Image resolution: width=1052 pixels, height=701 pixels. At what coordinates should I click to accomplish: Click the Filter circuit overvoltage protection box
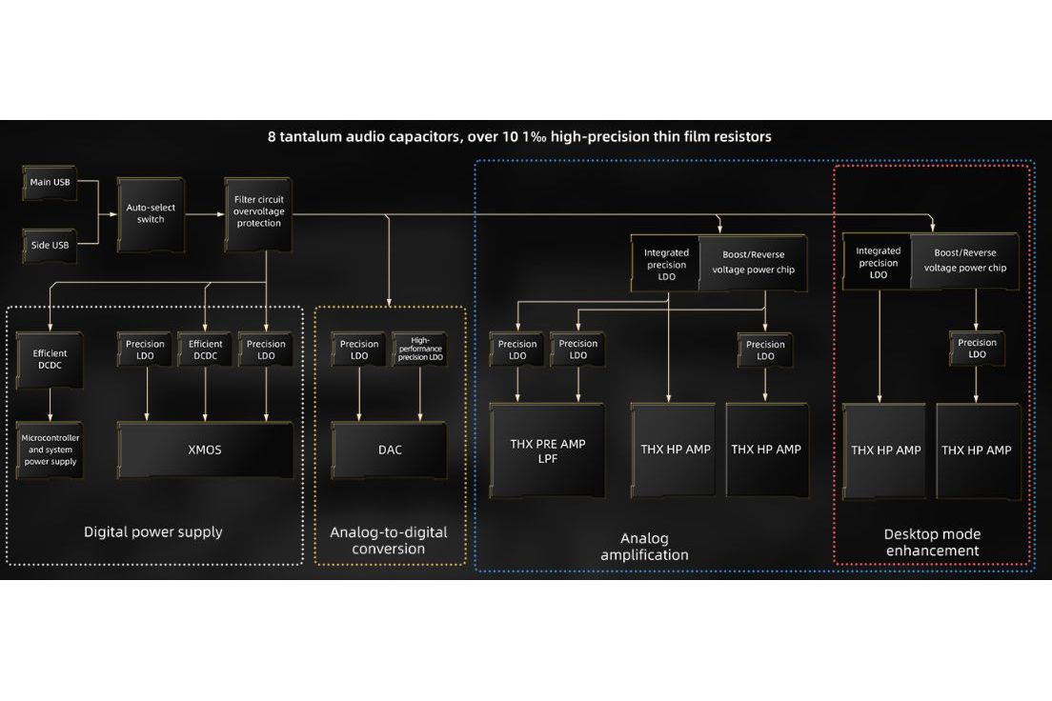[x=257, y=211]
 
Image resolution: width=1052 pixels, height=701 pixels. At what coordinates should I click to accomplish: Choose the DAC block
[x=390, y=450]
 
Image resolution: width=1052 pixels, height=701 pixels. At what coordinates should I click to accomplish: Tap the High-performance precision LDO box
[x=419, y=350]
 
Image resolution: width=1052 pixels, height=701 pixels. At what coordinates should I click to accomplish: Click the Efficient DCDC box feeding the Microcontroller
[x=49, y=360]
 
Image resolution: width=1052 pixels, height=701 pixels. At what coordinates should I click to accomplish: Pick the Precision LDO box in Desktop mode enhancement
[x=977, y=349]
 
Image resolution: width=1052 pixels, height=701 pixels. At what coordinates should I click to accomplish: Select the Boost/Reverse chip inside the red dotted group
[x=964, y=261]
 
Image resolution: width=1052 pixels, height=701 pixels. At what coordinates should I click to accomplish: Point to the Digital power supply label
[x=153, y=531]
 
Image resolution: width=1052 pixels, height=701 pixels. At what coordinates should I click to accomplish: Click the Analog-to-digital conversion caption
[x=389, y=540]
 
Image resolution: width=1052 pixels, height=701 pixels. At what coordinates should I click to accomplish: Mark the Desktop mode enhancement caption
[x=932, y=542]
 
